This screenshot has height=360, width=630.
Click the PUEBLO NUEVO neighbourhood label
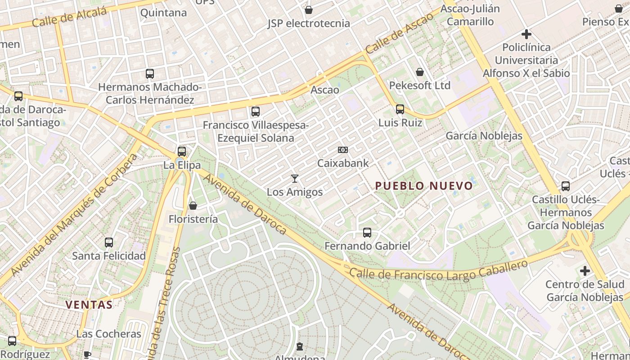(x=424, y=186)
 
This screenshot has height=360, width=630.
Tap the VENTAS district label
(x=89, y=305)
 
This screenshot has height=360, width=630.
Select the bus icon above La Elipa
(x=182, y=152)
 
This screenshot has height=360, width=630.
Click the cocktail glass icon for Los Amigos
(x=295, y=179)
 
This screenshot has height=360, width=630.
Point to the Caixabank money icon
(x=343, y=150)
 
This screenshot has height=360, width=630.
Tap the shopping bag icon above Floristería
(x=193, y=206)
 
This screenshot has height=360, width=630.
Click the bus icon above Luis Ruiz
(x=400, y=109)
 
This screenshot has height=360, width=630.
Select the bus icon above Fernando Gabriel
(x=367, y=233)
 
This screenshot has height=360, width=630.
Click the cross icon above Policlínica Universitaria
(x=526, y=34)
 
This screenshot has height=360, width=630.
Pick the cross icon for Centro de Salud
(x=585, y=271)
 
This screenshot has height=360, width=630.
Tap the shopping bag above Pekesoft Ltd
(x=420, y=72)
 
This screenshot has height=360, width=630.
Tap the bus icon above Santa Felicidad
(x=109, y=243)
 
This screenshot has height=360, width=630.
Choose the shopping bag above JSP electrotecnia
(x=309, y=10)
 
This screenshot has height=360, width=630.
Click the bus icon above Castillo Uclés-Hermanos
(x=566, y=186)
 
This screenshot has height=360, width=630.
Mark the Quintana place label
(x=163, y=13)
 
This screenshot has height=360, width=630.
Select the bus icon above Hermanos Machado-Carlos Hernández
(x=150, y=73)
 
